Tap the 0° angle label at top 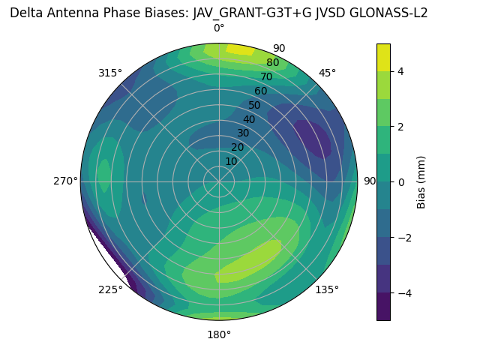pyautogui.click(x=219, y=28)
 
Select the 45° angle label pyautogui.click(x=328, y=73)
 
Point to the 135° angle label pyautogui.click(x=327, y=289)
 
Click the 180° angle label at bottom pyautogui.click(x=219, y=334)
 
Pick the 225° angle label pyautogui.click(x=110, y=290)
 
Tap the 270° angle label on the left pyautogui.click(x=65, y=181)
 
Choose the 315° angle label pyautogui.click(x=109, y=73)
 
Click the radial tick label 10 pyautogui.click(x=231, y=161)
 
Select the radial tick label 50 pyautogui.click(x=255, y=105)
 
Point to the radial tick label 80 pyautogui.click(x=272, y=63)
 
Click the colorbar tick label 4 pyautogui.click(x=401, y=71)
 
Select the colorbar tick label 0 pyautogui.click(x=401, y=181)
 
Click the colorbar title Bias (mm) pyautogui.click(x=421, y=181)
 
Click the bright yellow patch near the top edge pyautogui.click(x=240, y=49)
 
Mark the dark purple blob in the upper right pyautogui.click(x=312, y=138)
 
